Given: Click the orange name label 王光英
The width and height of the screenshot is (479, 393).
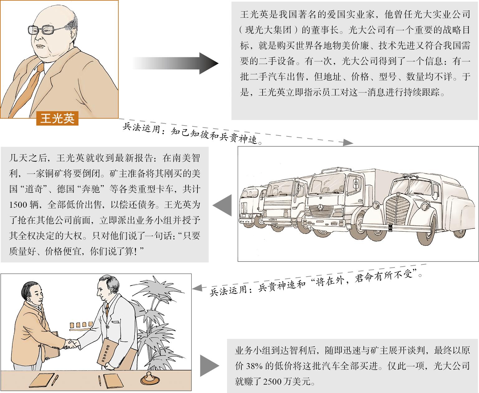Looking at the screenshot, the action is click(x=57, y=118).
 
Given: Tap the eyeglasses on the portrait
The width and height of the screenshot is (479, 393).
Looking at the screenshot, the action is click(x=48, y=29).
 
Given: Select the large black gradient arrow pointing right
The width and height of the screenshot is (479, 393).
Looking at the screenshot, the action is click(x=175, y=64).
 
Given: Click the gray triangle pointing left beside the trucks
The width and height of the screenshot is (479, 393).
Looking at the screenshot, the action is click(x=222, y=205).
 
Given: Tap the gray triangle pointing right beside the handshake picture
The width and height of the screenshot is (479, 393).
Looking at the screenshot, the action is click(x=209, y=366).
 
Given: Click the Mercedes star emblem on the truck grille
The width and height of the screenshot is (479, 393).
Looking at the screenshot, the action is click(x=321, y=207).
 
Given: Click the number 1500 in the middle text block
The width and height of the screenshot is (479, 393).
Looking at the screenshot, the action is click(x=18, y=205).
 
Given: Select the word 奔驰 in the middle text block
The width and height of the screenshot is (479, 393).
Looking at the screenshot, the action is click(x=90, y=189).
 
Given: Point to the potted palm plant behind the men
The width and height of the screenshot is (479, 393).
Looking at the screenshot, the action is click(x=157, y=323).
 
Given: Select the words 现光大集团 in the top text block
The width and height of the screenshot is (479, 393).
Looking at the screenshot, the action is click(x=268, y=30).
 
